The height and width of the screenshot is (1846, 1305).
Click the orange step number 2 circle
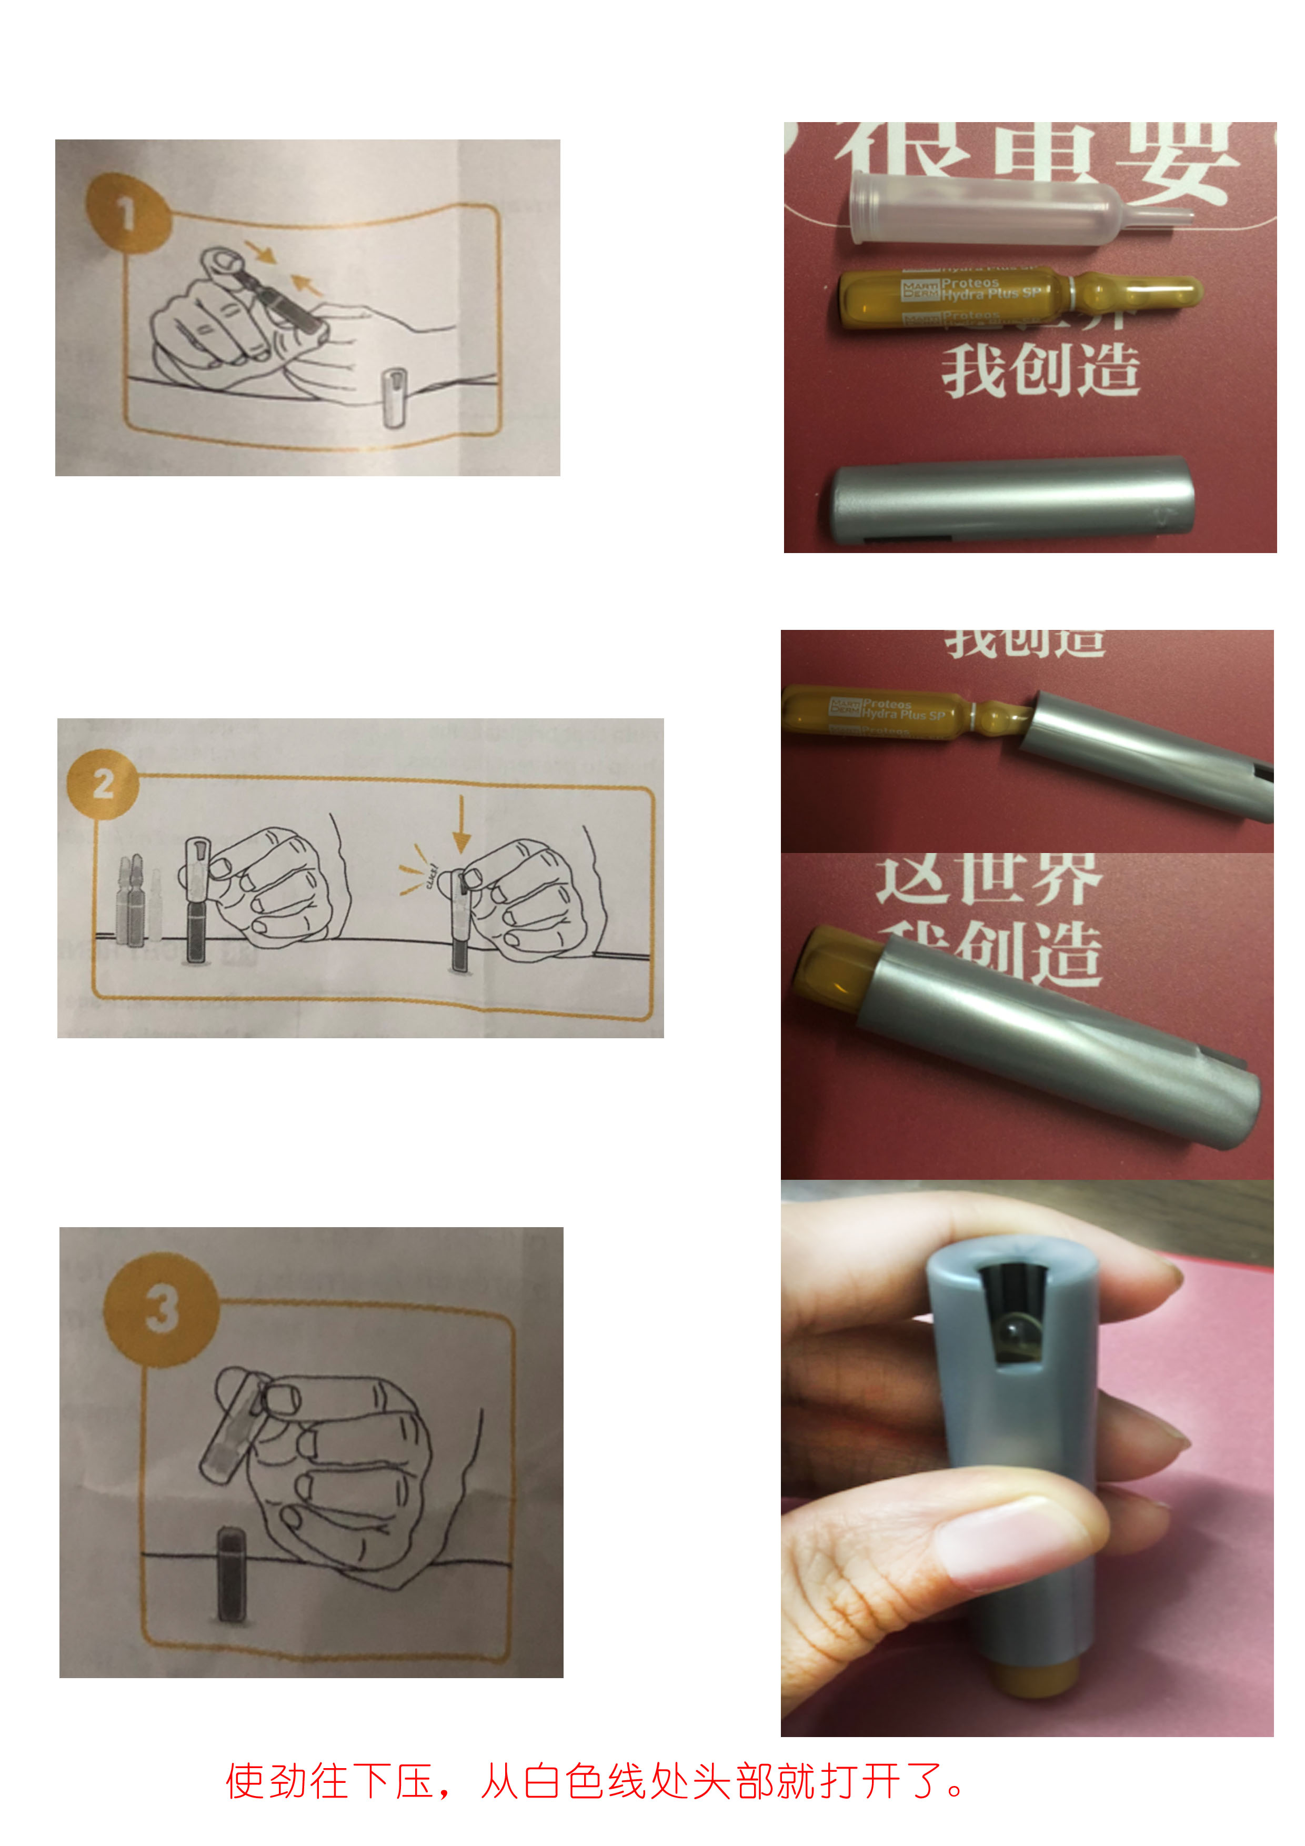pyautogui.click(x=103, y=783)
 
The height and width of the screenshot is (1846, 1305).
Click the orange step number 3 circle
pyautogui.click(x=162, y=1308)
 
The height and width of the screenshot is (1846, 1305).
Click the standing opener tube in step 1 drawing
pyautogui.click(x=394, y=397)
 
